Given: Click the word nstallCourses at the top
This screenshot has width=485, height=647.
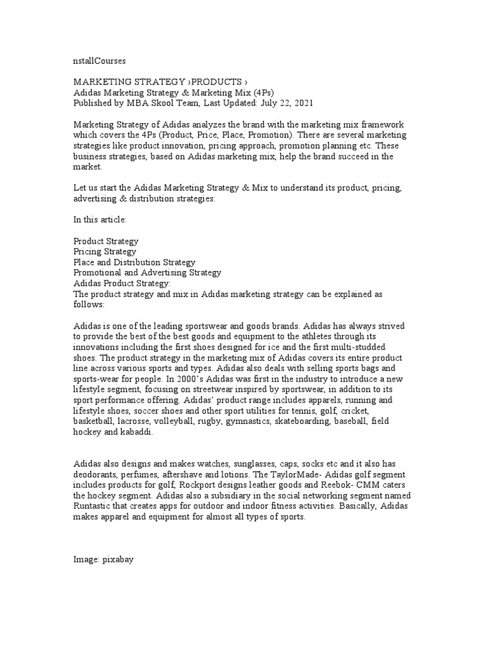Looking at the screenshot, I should pyautogui.click(x=100, y=61).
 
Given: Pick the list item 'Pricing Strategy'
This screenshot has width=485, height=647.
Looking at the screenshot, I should pyautogui.click(x=105, y=251).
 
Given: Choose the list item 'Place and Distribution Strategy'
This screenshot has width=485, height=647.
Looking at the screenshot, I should pyautogui.click(x=135, y=262).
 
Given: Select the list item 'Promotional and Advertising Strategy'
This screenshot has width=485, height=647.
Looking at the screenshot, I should pyautogui.click(x=147, y=272).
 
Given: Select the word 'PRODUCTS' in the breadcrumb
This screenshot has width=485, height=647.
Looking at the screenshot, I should pyautogui.click(x=216, y=82).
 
